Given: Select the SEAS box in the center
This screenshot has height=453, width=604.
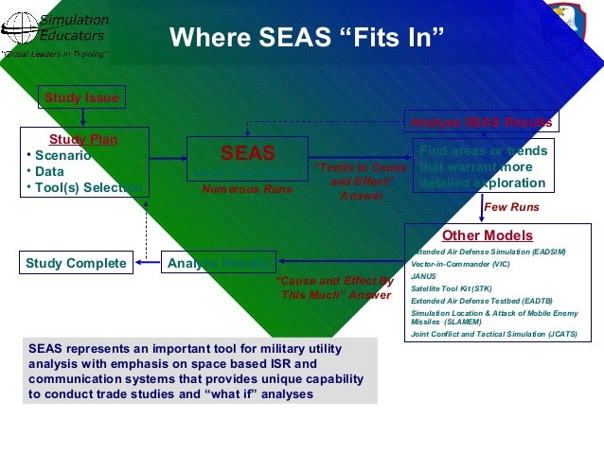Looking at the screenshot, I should (247, 154).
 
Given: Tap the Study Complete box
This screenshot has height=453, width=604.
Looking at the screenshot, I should (77, 262).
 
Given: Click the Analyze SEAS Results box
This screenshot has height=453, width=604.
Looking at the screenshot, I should (481, 122).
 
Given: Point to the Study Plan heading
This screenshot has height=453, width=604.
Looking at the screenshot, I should (83, 140).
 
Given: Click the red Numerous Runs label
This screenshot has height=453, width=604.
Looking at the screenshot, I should (247, 189).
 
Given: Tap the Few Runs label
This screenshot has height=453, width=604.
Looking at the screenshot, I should (511, 206).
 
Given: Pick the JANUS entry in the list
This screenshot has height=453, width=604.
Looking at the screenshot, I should (424, 276).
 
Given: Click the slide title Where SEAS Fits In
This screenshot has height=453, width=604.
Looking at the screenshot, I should (306, 39).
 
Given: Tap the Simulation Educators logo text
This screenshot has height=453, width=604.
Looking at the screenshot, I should (74, 27).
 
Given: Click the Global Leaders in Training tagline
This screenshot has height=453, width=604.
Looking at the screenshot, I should (54, 54).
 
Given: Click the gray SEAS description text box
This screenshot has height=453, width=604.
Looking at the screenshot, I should (199, 370).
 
